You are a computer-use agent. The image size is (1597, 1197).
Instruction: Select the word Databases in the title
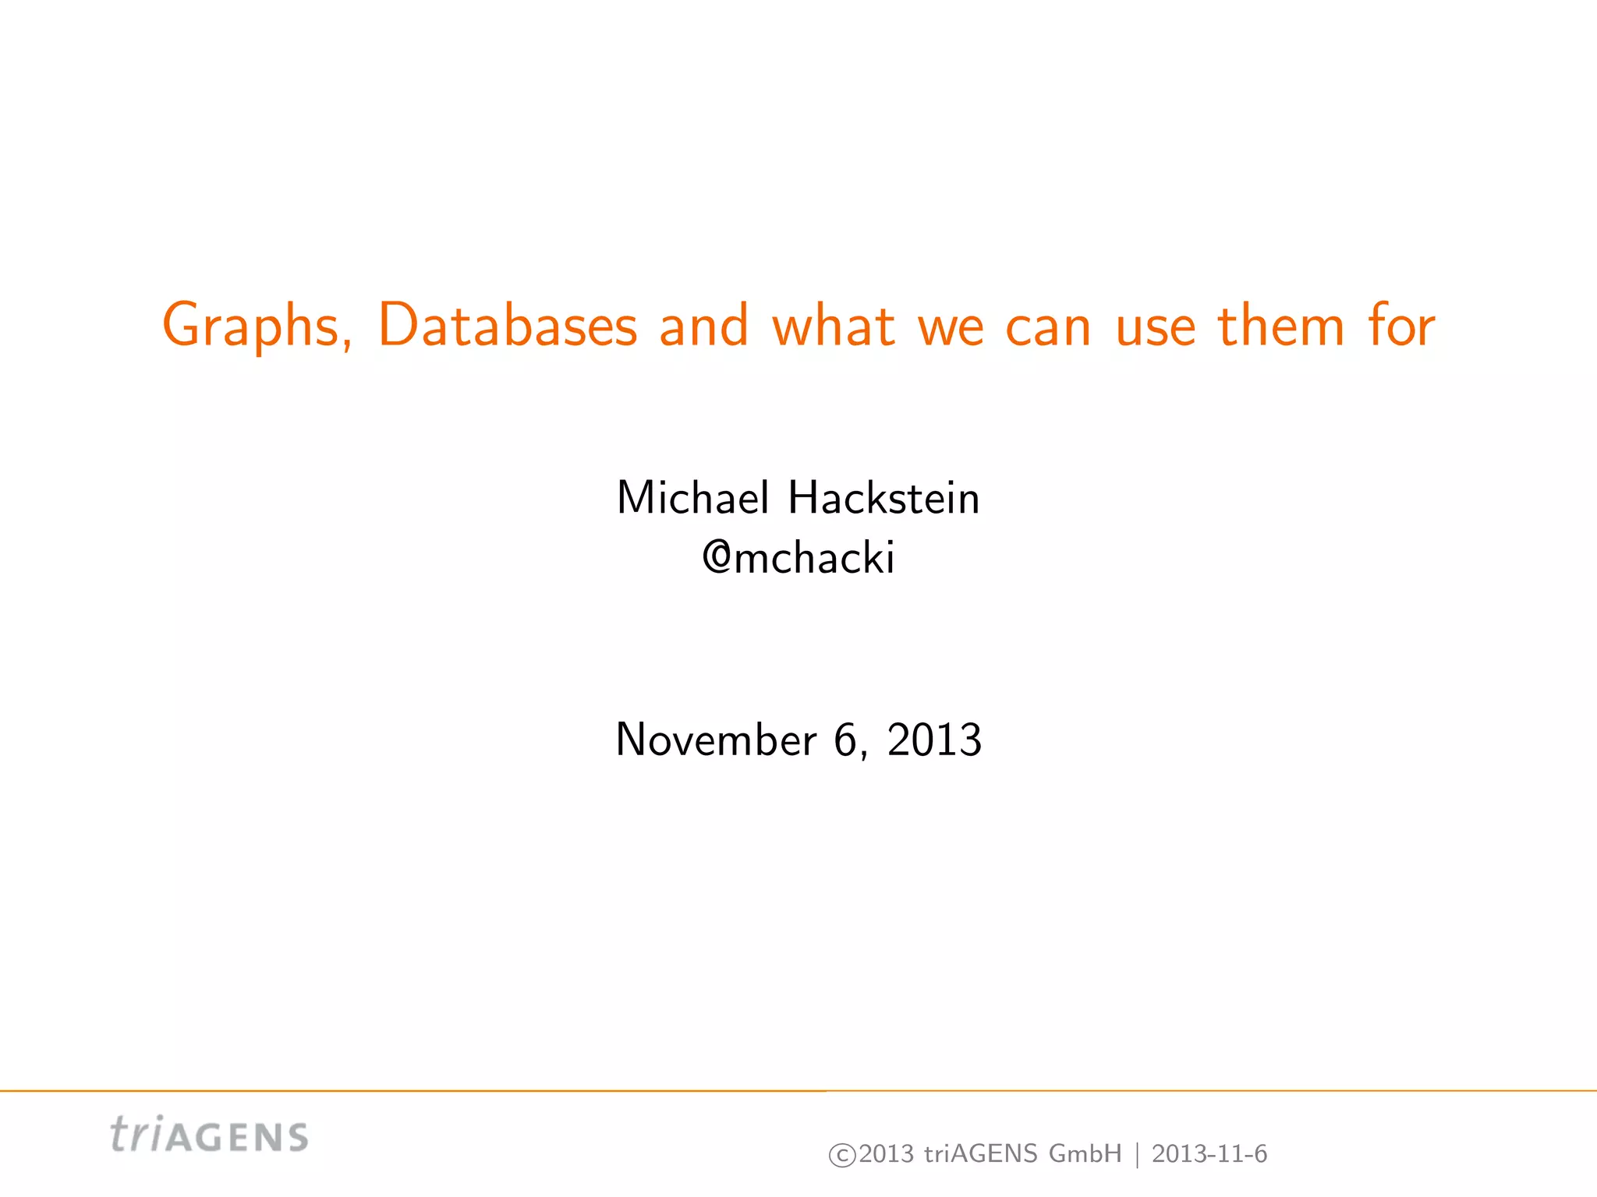pyautogui.click(x=508, y=326)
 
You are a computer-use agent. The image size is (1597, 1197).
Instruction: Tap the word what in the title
pyautogui.click(x=833, y=326)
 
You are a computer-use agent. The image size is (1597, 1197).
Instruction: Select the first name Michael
pyautogui.click(x=692, y=498)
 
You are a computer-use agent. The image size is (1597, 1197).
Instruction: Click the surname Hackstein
pyautogui.click(x=883, y=498)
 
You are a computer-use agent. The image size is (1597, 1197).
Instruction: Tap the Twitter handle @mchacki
pyautogui.click(x=798, y=558)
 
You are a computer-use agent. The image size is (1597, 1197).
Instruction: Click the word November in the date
pyautogui.click(x=716, y=740)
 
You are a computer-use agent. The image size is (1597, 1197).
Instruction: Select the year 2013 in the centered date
pyautogui.click(x=934, y=740)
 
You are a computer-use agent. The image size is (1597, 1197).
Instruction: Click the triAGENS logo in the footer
pyautogui.click(x=209, y=1135)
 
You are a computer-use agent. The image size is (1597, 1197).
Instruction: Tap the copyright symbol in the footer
pyautogui.click(x=842, y=1155)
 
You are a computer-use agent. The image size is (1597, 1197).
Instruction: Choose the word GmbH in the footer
pyautogui.click(x=1085, y=1153)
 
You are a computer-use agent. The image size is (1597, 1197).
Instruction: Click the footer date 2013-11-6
pyautogui.click(x=1209, y=1153)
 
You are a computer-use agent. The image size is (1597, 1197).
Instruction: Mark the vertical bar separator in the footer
pyautogui.click(x=1137, y=1154)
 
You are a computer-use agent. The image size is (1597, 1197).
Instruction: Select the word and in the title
pyautogui.click(x=704, y=326)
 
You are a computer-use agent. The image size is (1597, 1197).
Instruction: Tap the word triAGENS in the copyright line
pyautogui.click(x=980, y=1153)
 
